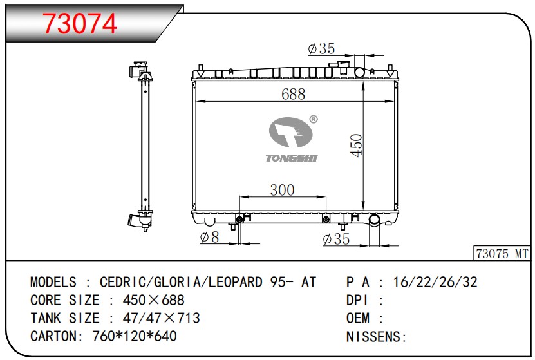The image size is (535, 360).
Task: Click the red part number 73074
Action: click(x=80, y=23)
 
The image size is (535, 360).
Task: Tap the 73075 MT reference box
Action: click(x=502, y=254)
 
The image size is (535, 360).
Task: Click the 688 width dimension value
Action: click(x=294, y=94)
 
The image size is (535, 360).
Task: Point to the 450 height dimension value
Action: click(x=356, y=146)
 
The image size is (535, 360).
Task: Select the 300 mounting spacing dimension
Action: click(x=282, y=190)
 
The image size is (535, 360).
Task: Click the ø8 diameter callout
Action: click(x=209, y=237)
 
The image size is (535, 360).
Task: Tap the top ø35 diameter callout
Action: click(x=321, y=48)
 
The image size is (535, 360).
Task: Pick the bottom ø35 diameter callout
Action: click(x=336, y=239)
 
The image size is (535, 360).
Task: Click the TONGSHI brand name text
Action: click(x=292, y=158)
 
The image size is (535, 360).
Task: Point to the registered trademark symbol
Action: click(x=314, y=119)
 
